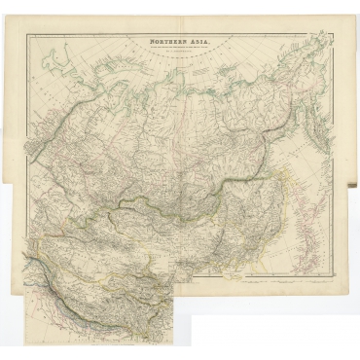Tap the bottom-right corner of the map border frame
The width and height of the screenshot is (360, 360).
click(329, 273)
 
